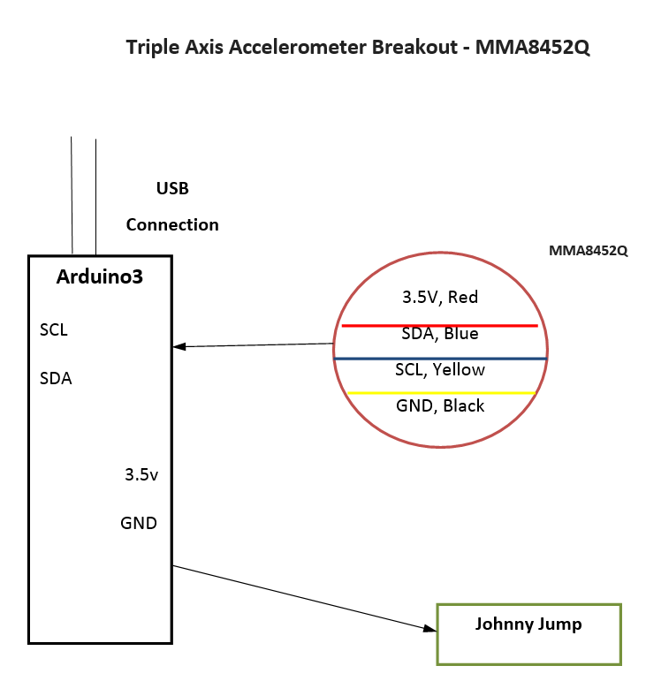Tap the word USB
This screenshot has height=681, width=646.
[x=172, y=188]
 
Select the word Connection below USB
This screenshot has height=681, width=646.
[x=172, y=224]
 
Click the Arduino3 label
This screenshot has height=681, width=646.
[x=100, y=276]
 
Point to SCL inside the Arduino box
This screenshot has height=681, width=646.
[x=54, y=330]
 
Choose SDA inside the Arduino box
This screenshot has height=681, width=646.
[x=56, y=378]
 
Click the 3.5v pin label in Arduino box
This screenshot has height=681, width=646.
[x=141, y=474]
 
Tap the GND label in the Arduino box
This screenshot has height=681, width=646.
[x=139, y=523]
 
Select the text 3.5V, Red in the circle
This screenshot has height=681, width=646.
[x=440, y=297]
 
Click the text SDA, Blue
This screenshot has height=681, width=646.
[x=440, y=334]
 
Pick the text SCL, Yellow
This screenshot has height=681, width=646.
[x=440, y=369]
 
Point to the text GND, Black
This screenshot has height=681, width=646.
[x=440, y=405]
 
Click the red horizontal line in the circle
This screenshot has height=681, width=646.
[x=439, y=325]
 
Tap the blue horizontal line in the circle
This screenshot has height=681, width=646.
[x=440, y=359]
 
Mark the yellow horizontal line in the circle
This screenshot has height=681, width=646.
[x=441, y=393]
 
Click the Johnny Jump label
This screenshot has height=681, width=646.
[x=528, y=624]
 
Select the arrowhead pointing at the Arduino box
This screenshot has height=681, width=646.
[x=179, y=346]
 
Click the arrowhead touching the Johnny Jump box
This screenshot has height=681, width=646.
[x=430, y=628]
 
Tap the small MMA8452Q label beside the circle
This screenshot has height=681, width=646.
[x=589, y=251]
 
